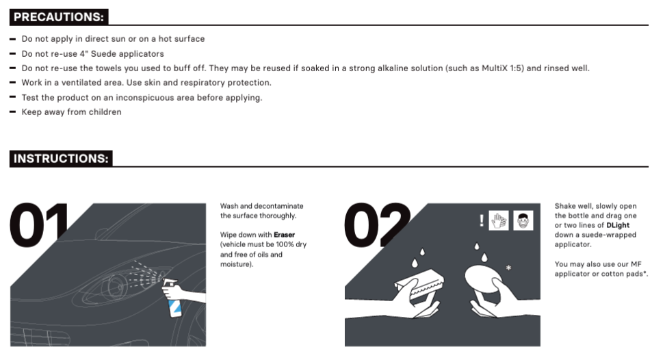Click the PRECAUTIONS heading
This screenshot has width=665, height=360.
pos(59,17)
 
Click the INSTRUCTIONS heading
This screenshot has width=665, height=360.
pos(61,159)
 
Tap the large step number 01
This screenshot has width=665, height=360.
pos(39,224)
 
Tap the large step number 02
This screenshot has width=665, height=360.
pos(377,224)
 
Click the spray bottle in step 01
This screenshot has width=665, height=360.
pos(173,298)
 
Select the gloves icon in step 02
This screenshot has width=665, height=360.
pos(498,220)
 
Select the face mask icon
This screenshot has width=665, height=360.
pos(523,220)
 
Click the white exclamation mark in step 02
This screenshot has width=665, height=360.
pos(482,220)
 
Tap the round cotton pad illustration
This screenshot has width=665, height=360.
pos(483,278)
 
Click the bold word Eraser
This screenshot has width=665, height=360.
pos(284,235)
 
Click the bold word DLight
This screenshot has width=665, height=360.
pos(618,225)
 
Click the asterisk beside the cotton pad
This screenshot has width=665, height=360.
pos(508,268)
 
